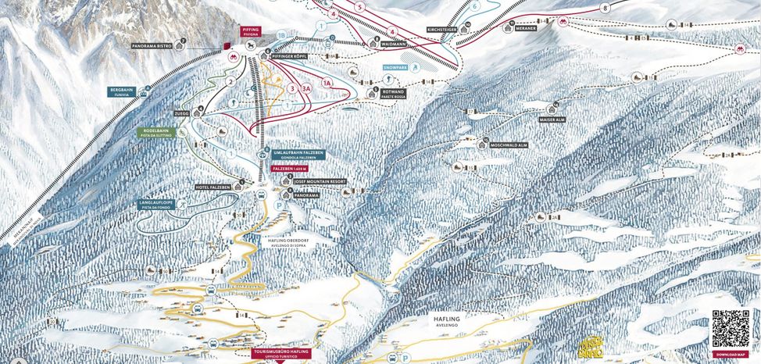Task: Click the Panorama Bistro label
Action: (x=154, y=46)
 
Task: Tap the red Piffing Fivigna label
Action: (x=250, y=32)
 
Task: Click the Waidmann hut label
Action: (x=398, y=45)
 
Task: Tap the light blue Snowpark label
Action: (x=396, y=68)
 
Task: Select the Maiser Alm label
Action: (x=552, y=120)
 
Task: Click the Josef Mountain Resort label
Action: (x=316, y=181)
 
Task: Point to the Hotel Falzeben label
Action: (x=213, y=187)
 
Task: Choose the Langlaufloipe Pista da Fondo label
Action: (x=155, y=205)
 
